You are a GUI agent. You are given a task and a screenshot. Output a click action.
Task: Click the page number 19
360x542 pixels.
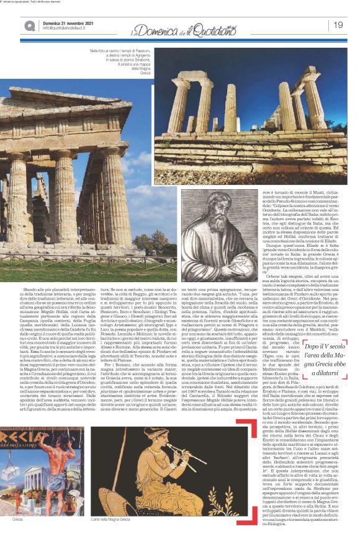coord(339,25)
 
